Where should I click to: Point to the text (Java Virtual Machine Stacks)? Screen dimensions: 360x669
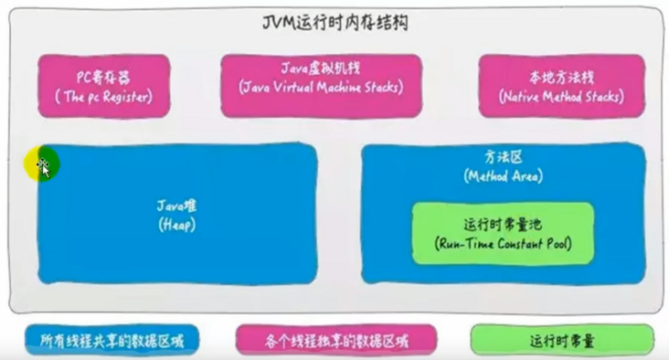pyautogui.click(x=320, y=89)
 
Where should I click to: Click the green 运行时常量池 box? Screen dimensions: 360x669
pyautogui.click(x=503, y=233)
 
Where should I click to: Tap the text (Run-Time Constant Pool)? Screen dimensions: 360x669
pyautogui.click(x=503, y=246)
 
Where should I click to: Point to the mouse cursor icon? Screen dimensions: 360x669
pyautogui.click(x=42, y=166)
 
